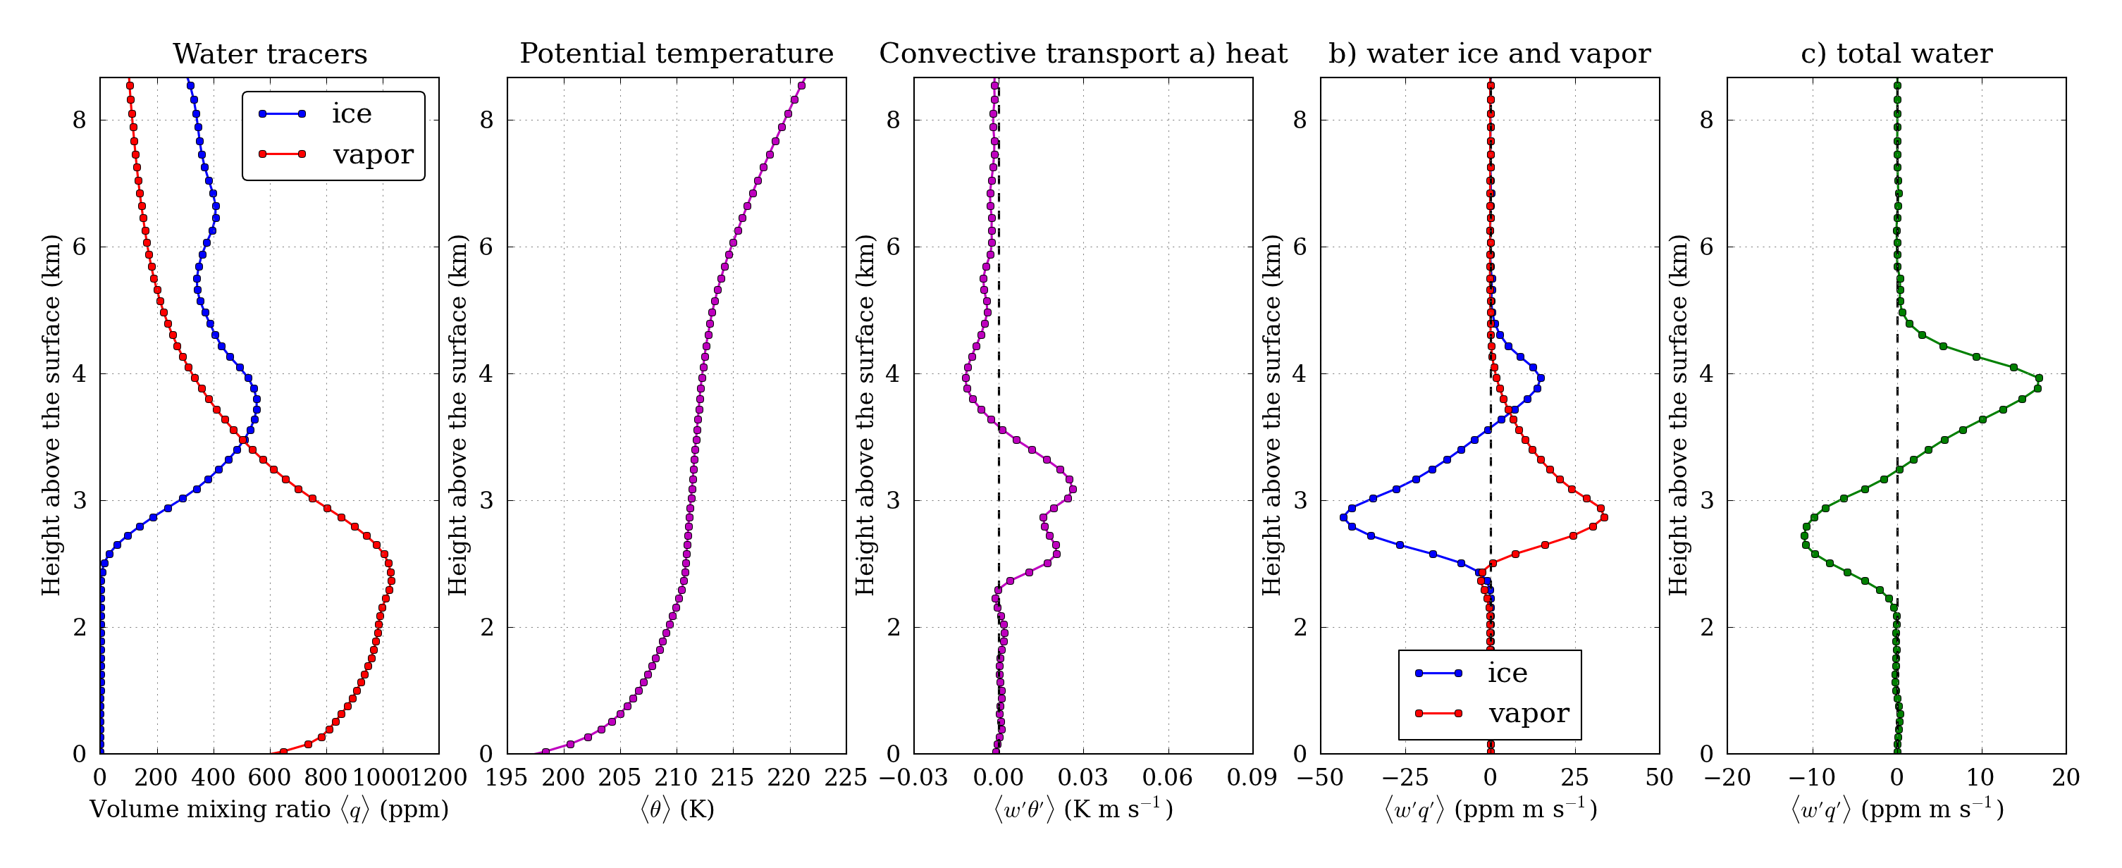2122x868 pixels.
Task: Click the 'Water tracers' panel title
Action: tap(269, 54)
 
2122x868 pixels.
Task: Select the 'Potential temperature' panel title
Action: tap(677, 54)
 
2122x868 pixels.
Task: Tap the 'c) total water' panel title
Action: tap(1896, 54)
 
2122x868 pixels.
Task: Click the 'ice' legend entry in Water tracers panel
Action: tap(351, 113)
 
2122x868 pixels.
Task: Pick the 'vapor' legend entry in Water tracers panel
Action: tap(372, 154)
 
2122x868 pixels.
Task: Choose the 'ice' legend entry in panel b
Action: tap(1507, 673)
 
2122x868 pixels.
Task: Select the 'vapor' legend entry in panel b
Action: tap(1528, 713)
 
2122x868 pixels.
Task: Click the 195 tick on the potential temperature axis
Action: tap(507, 777)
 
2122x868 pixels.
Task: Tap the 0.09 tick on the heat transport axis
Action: tap(1252, 777)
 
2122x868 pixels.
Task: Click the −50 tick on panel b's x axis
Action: tap(1321, 777)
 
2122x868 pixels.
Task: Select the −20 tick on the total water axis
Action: tap(1727, 777)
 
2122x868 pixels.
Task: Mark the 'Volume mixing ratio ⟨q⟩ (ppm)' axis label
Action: tap(269, 810)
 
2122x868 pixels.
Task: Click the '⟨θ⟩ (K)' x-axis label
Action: tap(677, 810)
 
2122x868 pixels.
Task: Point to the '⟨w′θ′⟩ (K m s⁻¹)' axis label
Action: tap(1083, 810)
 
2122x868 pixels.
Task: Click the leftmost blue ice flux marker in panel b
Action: tap(1343, 518)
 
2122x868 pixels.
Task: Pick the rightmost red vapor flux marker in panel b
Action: tap(1604, 517)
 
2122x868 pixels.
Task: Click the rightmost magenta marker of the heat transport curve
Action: tap(1073, 490)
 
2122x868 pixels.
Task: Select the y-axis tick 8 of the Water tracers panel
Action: tap(79, 120)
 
